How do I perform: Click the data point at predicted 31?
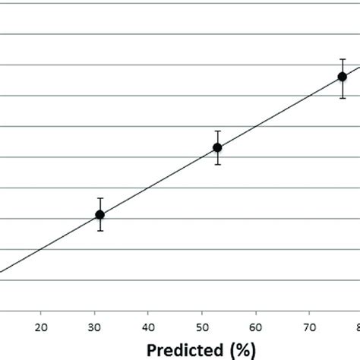tap(99, 215)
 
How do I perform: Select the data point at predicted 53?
tap(217, 147)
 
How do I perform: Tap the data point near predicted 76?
tap(343, 76)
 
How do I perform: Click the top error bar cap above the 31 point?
tap(99, 198)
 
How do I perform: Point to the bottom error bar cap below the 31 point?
tap(99, 231)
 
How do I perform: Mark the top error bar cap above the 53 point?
tap(217, 131)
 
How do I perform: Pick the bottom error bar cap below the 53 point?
tap(217, 165)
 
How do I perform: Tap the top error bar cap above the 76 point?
tap(343, 58)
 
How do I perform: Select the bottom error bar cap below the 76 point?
tap(343, 98)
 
